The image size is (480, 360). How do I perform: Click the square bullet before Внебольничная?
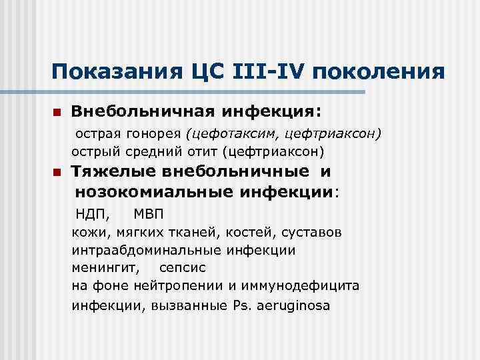click(58, 111)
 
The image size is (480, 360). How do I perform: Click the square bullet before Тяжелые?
click(58, 173)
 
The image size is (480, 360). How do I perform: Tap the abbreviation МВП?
click(148, 215)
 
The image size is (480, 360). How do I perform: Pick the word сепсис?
click(183, 268)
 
